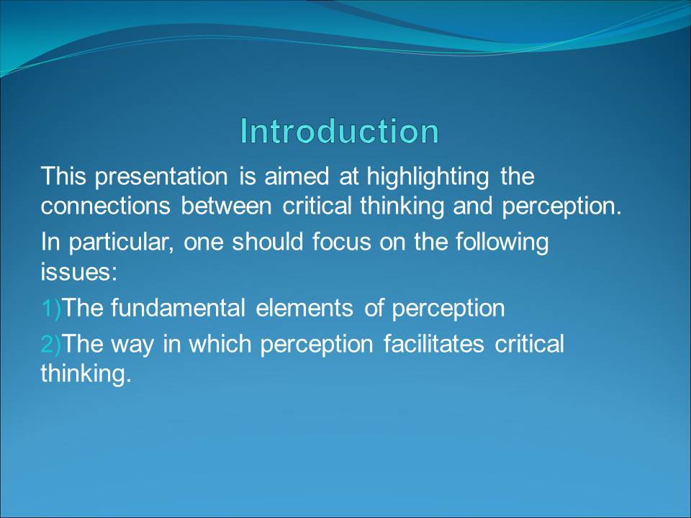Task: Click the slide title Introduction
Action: pos(339,131)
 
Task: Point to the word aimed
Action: pos(297,176)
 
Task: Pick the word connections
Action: pos(105,206)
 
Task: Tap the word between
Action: pos(226,206)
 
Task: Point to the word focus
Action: pos(341,242)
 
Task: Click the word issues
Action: pos(79,271)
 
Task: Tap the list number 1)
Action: pos(51,308)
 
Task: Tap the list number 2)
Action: pos(51,344)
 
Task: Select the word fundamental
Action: pos(178,307)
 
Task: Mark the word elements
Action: pos(304,307)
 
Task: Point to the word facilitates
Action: pos(433,344)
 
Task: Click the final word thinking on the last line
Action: pos(86,373)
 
